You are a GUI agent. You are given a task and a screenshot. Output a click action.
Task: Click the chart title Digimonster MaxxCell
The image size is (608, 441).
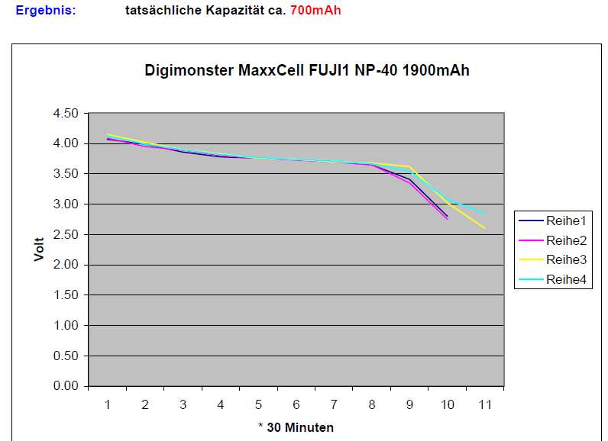coord(306,71)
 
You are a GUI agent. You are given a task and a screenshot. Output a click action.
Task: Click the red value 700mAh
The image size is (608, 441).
coord(315,11)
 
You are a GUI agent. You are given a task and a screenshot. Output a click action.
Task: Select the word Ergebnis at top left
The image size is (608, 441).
coord(46,11)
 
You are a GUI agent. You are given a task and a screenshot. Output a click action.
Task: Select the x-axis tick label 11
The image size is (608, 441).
coord(484,404)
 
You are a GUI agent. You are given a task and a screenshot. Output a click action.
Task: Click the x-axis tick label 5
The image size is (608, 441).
coord(259,404)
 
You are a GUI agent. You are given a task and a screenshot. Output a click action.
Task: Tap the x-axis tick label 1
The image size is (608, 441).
coord(108,404)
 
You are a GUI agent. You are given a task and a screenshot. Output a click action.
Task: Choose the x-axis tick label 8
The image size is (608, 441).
coord(372,404)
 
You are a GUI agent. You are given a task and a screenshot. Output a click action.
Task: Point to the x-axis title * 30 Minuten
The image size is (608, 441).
coord(296,427)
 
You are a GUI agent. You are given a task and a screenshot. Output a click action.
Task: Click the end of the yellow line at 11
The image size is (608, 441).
coord(484,227)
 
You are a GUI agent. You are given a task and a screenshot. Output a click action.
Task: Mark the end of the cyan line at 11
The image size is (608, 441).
coord(484,213)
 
